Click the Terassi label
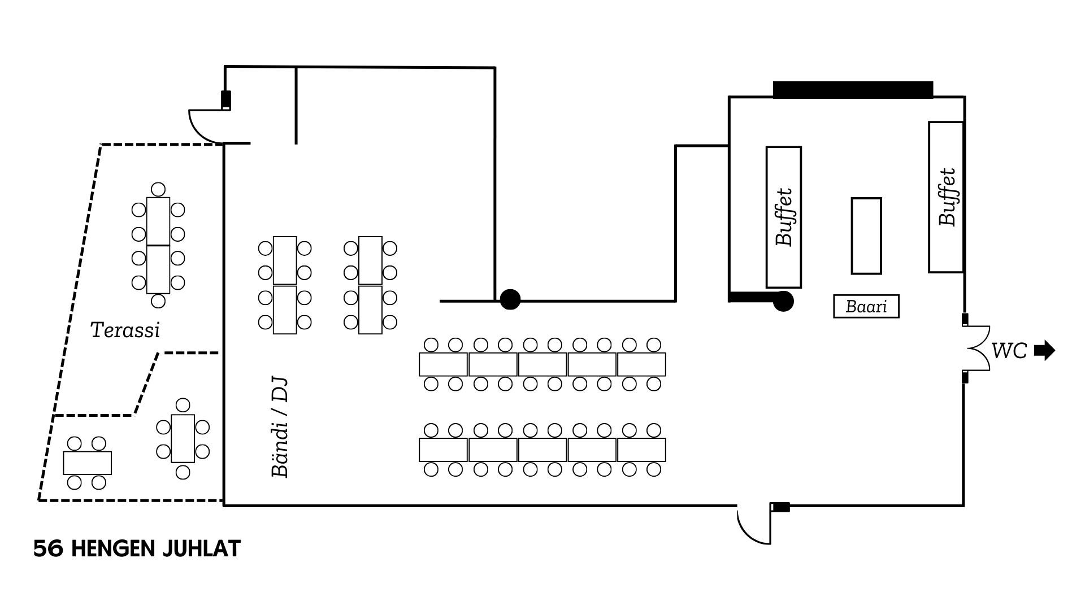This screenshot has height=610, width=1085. click(125, 330)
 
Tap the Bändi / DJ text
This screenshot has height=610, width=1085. click(280, 428)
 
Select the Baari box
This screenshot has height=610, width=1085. click(866, 306)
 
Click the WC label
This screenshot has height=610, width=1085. click(1009, 351)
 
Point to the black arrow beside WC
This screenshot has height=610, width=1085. click(1044, 351)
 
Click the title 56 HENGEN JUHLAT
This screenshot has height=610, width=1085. click(137, 549)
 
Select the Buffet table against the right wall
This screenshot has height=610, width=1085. click(946, 197)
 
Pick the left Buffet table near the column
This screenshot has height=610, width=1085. click(783, 217)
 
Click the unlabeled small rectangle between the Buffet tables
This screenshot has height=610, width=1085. click(866, 236)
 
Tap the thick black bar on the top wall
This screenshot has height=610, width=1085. click(852, 90)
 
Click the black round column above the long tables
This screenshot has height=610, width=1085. click(510, 299)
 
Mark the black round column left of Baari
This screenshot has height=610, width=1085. click(783, 301)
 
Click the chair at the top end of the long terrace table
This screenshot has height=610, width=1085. click(158, 189)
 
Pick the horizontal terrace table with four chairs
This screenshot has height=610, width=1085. click(87, 463)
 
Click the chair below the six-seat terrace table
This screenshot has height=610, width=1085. click(183, 472)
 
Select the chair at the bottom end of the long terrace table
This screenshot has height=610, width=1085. click(158, 301)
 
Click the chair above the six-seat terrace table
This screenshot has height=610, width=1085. click(183, 405)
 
